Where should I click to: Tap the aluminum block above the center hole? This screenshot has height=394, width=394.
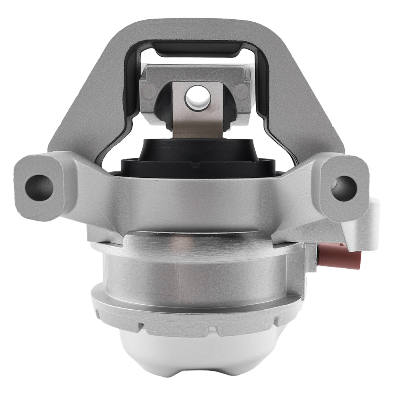click(196, 73)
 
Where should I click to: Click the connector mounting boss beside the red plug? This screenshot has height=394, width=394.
click(315, 256)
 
